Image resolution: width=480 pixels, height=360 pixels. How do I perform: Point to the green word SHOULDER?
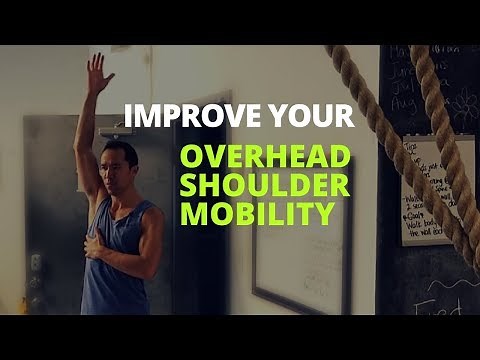pos(265,186)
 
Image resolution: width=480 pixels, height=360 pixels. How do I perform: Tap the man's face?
pos(118,165)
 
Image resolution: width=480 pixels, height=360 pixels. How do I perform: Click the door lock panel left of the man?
pos(35,262)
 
